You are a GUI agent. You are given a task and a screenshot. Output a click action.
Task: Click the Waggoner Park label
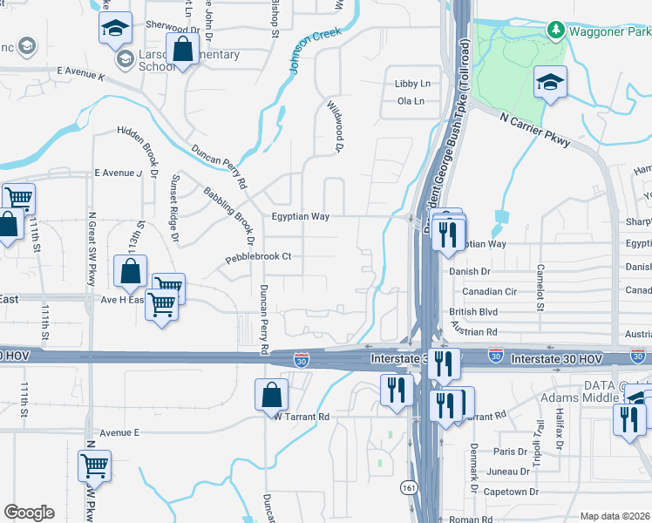(609, 31)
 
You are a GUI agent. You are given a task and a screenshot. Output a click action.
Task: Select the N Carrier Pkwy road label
(535, 128)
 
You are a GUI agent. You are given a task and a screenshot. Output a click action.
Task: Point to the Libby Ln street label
(413, 84)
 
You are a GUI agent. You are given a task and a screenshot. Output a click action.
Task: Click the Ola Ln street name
(410, 101)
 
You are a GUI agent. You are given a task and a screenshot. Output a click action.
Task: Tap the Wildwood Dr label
(333, 126)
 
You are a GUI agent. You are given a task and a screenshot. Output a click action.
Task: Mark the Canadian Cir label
(489, 291)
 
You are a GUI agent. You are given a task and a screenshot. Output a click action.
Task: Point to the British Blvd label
(473, 311)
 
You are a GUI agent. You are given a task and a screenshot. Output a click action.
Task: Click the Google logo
(29, 513)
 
